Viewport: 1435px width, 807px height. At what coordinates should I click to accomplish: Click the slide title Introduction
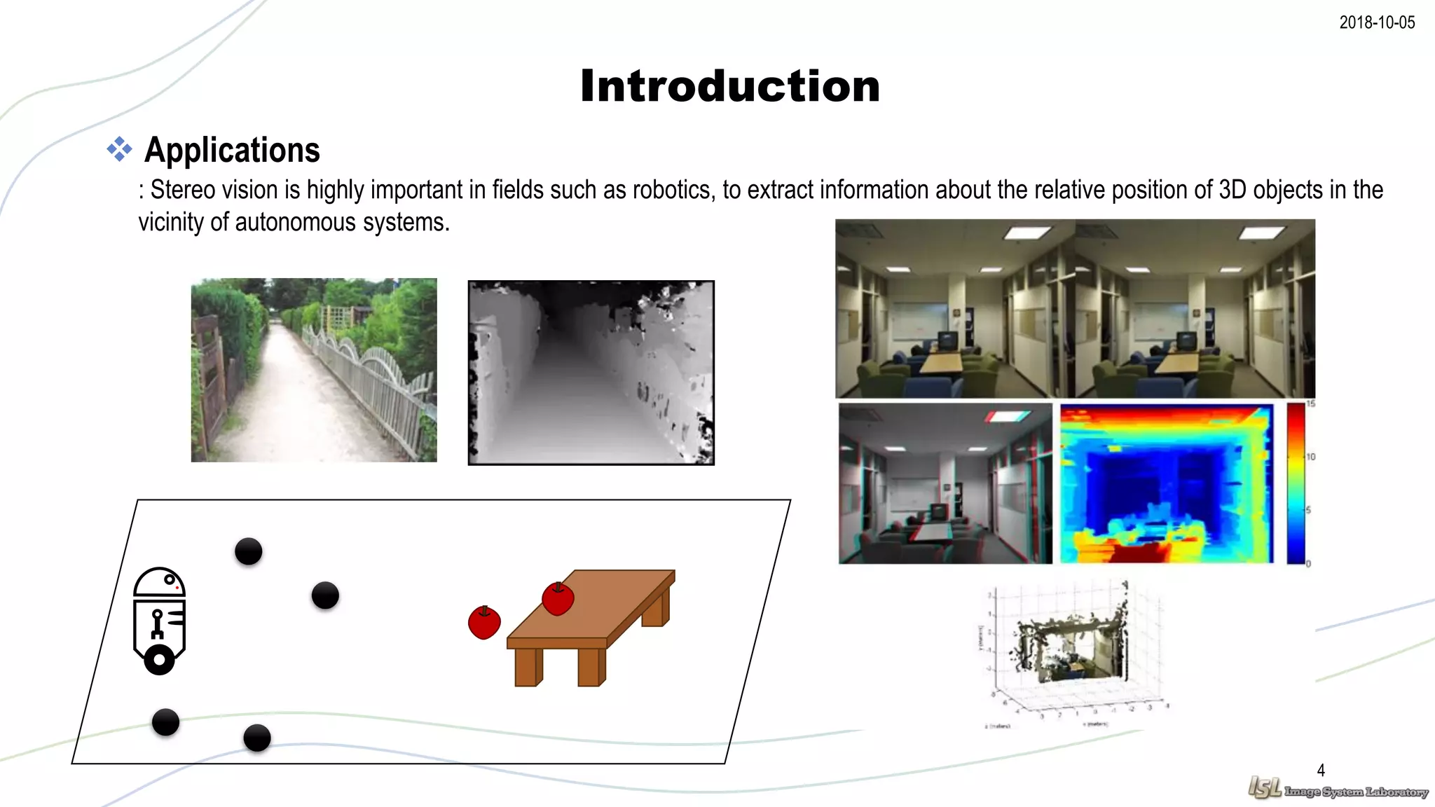(729, 86)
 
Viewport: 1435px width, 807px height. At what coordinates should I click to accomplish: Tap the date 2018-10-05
(1376, 22)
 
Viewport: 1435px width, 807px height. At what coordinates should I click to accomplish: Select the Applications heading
(232, 150)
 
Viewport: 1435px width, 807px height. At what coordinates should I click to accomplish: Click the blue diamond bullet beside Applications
(119, 149)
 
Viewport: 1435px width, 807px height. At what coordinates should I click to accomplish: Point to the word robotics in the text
(671, 190)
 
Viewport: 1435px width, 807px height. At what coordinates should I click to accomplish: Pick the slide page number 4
(1321, 770)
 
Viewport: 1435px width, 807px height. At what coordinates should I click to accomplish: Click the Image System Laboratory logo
(1337, 789)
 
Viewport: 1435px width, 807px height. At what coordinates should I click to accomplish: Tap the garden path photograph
(314, 370)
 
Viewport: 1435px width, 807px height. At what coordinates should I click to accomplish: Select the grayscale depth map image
(591, 373)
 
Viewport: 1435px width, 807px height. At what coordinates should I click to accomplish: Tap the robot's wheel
(159, 660)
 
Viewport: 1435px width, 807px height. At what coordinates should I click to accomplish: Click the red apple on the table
(558, 599)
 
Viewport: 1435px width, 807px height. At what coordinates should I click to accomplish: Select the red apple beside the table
(484, 623)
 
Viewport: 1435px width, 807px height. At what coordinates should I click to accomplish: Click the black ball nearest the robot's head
(249, 551)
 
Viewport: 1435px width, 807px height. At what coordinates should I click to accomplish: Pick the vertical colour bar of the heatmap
(1296, 483)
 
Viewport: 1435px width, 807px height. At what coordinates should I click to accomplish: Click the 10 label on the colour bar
(1310, 457)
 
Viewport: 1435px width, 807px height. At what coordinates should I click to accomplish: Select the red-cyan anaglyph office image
(945, 483)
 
